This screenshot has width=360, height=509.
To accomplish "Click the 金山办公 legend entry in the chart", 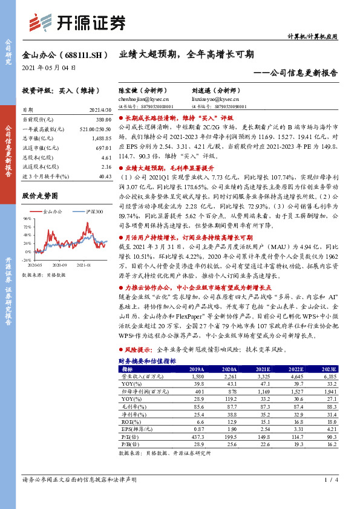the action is (54, 212).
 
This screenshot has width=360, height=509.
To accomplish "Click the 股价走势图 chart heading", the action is (40, 196).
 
